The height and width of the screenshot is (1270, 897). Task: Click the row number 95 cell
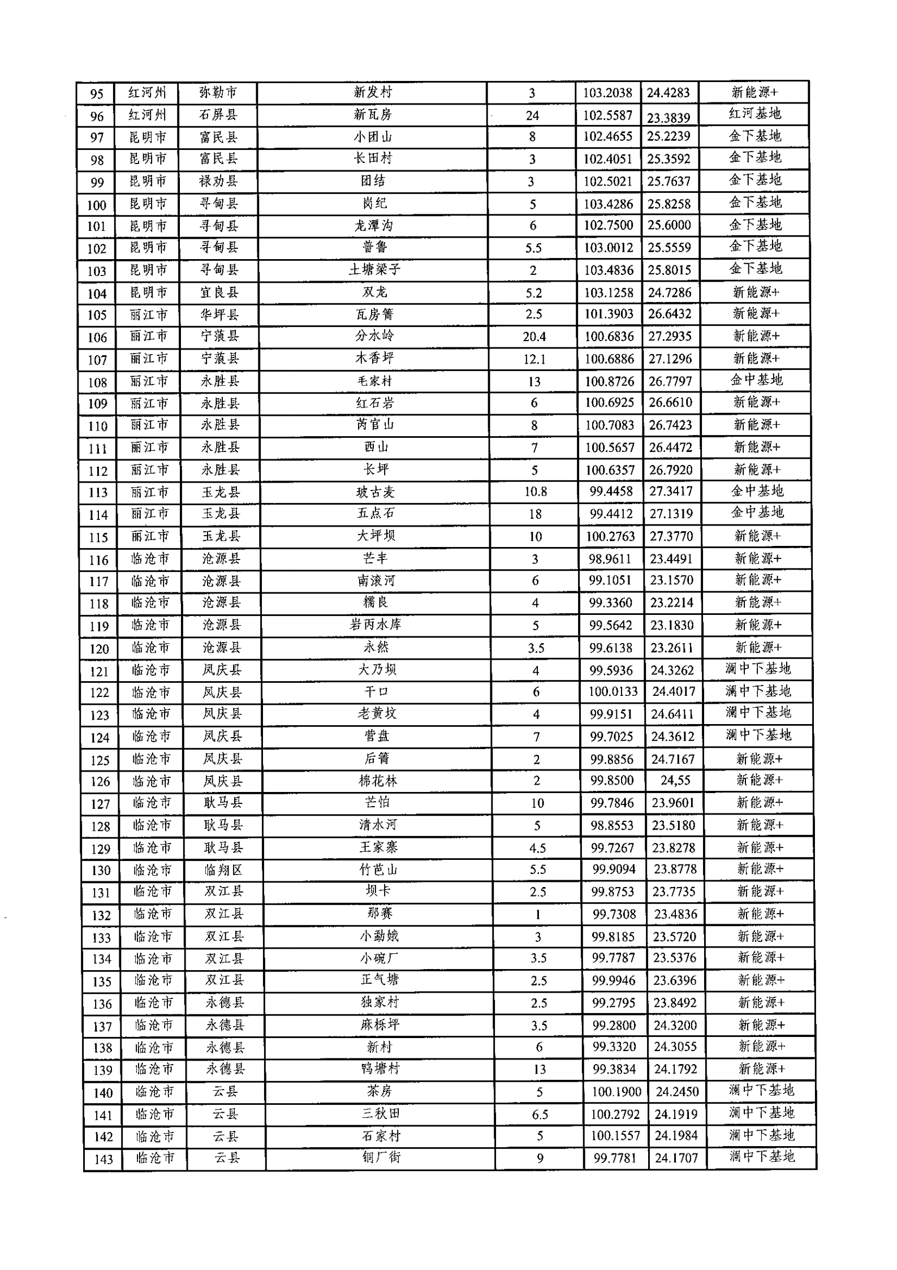96,93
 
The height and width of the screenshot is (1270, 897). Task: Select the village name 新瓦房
373,114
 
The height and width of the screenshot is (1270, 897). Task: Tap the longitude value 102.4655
608,136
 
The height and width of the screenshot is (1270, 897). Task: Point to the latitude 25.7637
669,181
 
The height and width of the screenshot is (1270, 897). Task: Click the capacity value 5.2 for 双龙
533,292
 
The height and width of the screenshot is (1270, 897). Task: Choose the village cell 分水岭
374,336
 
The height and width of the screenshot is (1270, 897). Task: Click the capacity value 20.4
534,337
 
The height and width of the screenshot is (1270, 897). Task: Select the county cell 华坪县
219,314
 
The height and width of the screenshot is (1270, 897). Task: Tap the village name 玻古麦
375,492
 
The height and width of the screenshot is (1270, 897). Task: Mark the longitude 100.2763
610,536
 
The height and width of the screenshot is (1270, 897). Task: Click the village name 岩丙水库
376,625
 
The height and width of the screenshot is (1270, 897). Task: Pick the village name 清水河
378,825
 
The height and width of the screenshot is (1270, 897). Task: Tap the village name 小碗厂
379,958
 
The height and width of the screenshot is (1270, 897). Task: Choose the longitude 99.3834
614,1069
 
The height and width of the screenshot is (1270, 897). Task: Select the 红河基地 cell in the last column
754,113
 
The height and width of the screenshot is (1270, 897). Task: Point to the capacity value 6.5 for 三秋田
540,1114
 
